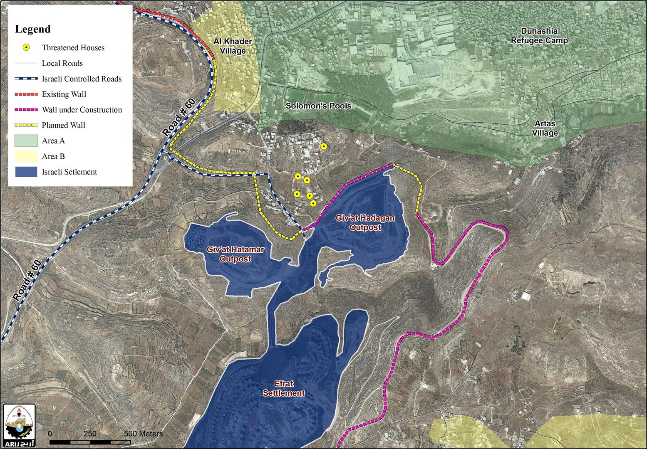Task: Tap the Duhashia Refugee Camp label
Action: [x=539, y=36]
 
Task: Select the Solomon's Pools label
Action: [x=318, y=106]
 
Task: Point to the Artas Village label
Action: [x=545, y=128]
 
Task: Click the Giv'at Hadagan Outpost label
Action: [x=365, y=223]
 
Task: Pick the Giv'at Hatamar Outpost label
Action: [x=230, y=254]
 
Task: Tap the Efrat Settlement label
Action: [x=284, y=389]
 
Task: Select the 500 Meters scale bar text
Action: [x=144, y=434]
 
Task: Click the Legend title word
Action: [x=33, y=29]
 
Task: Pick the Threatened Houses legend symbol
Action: [x=27, y=47]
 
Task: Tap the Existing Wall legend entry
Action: [x=64, y=94]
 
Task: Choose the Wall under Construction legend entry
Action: [x=82, y=110]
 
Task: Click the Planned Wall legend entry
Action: [x=63, y=125]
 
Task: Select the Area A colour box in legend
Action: [x=27, y=141]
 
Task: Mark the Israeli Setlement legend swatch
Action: [x=27, y=172]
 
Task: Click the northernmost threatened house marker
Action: [x=324, y=146]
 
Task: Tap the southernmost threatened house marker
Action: [x=313, y=203]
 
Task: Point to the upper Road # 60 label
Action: [x=179, y=118]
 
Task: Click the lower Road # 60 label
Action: [x=27, y=281]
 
